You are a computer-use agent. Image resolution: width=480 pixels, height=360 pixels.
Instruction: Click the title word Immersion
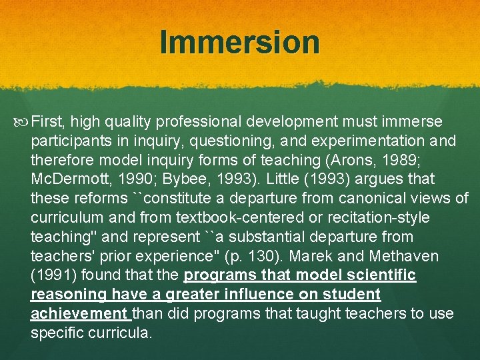click(x=240, y=43)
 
